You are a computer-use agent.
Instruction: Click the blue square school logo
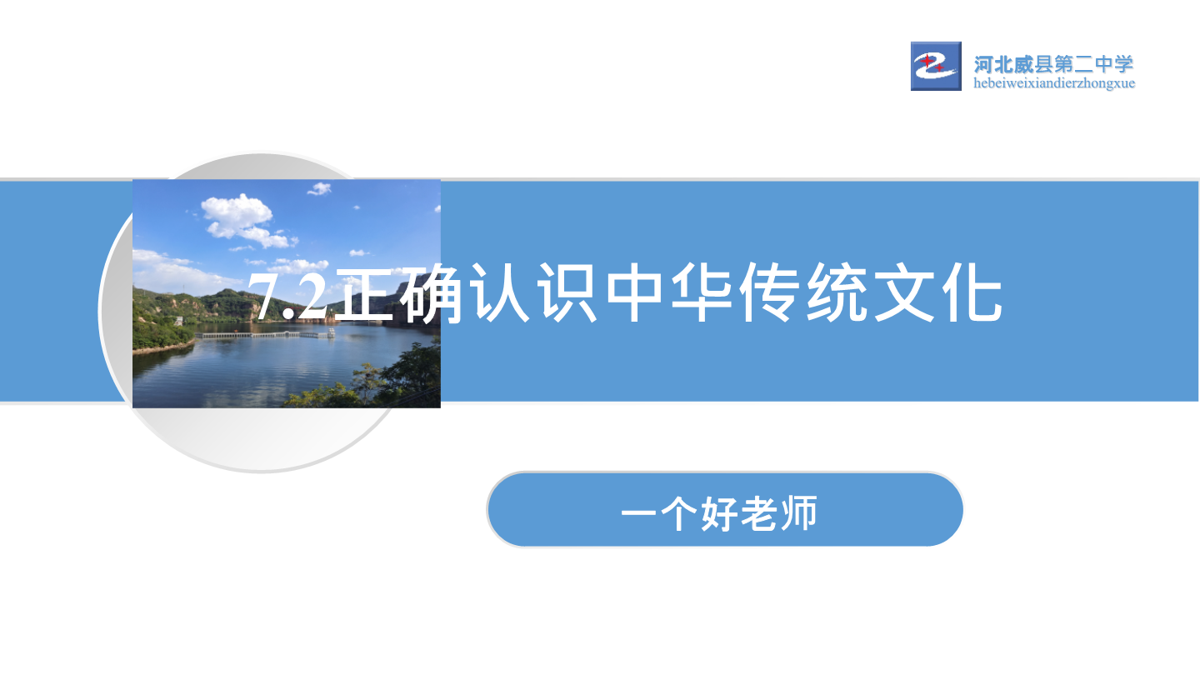[936, 66]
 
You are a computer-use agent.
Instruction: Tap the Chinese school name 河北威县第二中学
[1053, 64]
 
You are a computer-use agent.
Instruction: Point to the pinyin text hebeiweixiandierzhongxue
[1053, 83]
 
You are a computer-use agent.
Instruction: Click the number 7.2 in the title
[287, 295]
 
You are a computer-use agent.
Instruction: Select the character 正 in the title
[369, 292]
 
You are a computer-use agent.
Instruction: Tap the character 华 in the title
[702, 292]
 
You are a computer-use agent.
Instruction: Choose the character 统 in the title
[837, 292]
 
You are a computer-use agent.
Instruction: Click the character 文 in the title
[903, 292]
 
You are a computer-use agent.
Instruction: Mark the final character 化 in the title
[972, 292]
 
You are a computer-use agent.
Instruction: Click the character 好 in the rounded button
[719, 513]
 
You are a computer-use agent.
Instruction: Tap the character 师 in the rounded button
[798, 513]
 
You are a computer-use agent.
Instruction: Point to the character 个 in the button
[680, 513]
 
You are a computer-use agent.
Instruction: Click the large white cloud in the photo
[243, 220]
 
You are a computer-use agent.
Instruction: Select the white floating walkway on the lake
[265, 335]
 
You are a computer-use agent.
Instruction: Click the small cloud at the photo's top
[319, 188]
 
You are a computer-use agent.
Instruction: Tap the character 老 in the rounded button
[759, 513]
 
